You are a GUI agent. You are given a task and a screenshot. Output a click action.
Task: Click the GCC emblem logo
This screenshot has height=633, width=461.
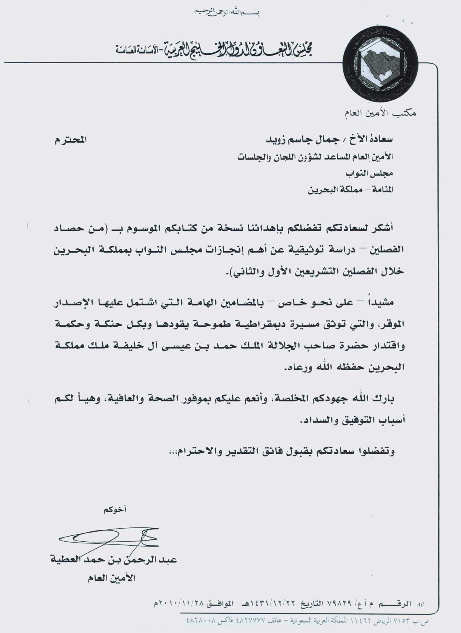(375, 67)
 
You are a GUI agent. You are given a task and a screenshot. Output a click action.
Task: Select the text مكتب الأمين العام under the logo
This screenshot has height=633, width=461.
(380, 114)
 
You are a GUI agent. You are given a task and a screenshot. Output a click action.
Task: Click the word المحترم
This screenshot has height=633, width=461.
(70, 140)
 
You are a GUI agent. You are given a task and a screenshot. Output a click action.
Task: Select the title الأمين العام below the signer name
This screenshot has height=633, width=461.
(112, 578)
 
